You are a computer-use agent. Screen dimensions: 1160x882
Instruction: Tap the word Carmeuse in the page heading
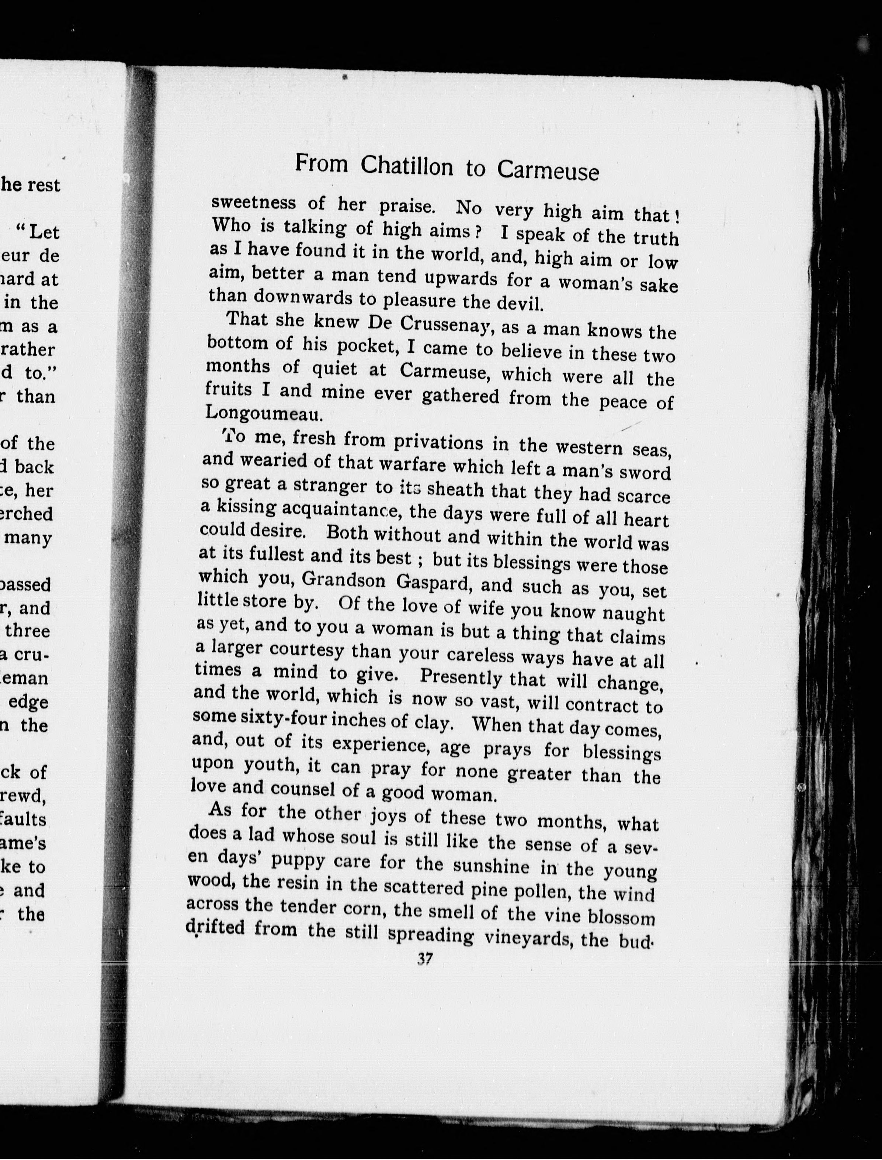(x=548, y=171)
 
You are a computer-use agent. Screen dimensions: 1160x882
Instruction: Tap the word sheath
(x=455, y=490)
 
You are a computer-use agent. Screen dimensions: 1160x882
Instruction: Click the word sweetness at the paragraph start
(x=254, y=202)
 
